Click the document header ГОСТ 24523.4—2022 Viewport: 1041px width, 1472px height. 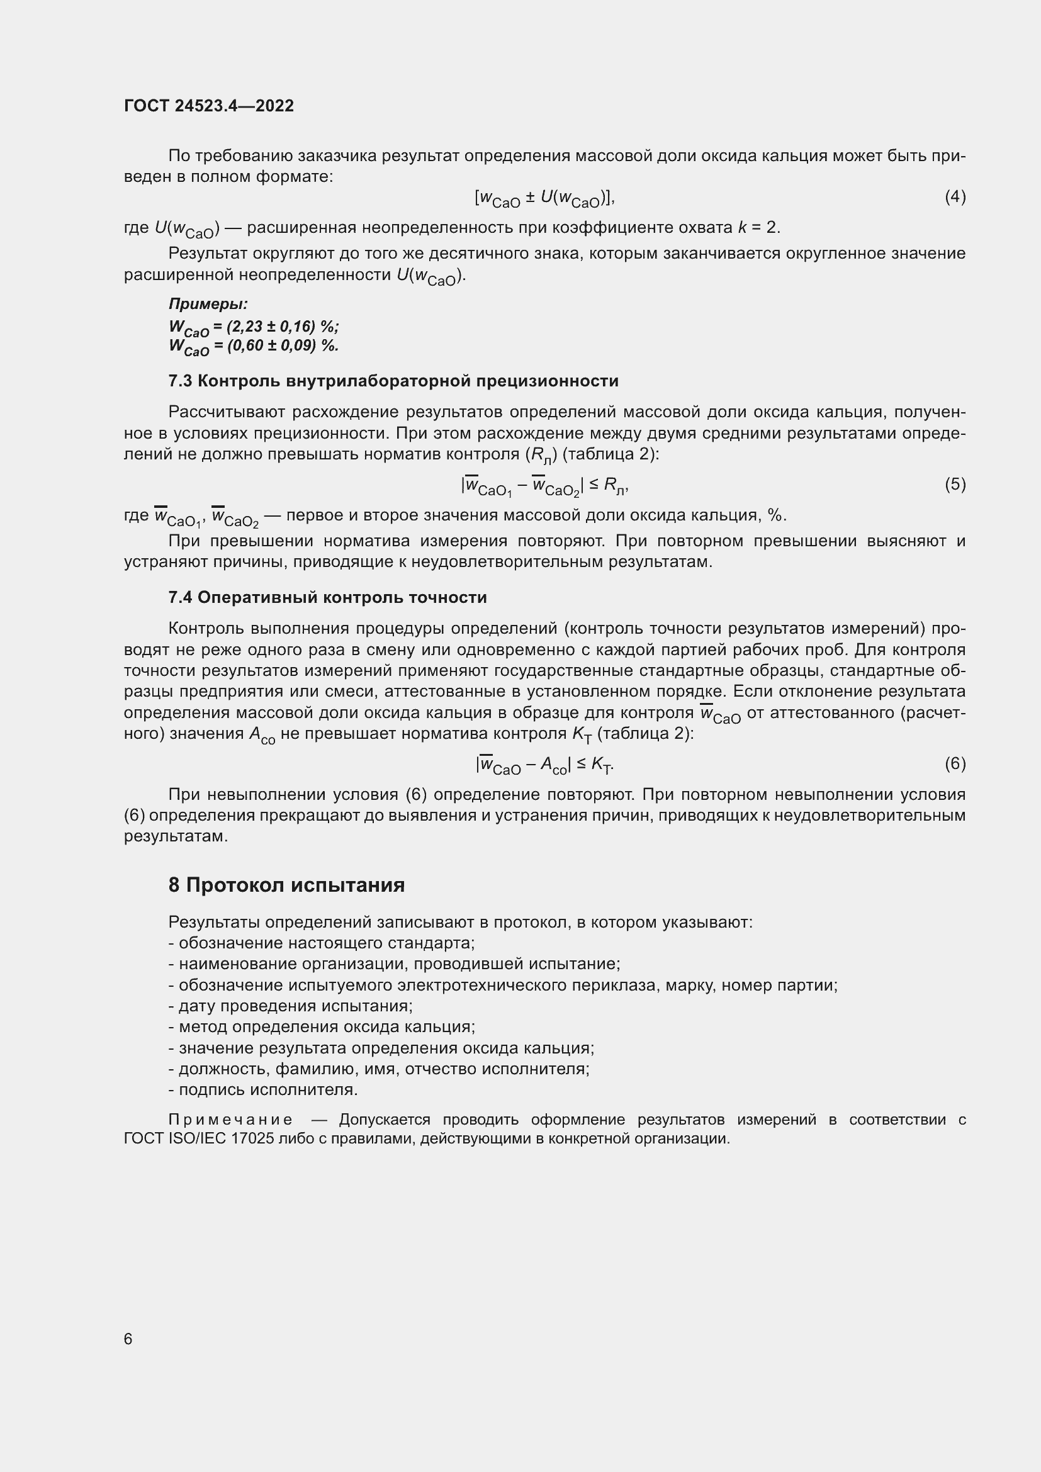209,106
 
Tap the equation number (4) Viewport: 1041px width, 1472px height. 955,197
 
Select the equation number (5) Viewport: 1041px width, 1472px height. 955,484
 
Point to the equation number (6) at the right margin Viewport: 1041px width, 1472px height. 955,763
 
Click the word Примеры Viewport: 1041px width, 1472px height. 208,303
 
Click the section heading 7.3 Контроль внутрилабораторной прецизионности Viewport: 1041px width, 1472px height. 393,381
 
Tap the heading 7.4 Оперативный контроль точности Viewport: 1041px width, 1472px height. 327,597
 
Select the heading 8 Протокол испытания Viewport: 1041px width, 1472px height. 286,885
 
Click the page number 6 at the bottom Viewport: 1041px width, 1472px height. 128,1339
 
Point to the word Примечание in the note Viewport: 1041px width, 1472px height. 231,1120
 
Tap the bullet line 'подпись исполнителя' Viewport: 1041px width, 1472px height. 264,1089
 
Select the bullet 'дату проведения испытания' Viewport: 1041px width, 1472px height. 290,1005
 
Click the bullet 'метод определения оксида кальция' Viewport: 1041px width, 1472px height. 322,1026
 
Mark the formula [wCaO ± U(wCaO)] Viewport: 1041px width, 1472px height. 544,198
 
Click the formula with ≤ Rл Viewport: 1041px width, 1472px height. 544,486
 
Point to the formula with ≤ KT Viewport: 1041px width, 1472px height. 544,764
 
